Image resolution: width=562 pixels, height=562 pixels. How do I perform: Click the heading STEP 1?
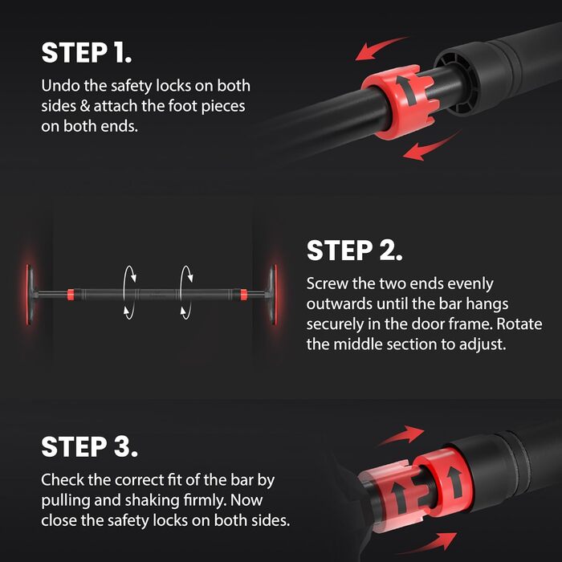[x=87, y=53]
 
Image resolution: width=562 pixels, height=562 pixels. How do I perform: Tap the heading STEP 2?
[x=355, y=250]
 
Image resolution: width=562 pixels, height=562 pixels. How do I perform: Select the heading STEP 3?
[x=89, y=446]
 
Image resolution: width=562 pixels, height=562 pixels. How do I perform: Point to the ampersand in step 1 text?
[x=85, y=106]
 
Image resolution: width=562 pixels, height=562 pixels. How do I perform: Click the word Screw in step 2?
[x=327, y=283]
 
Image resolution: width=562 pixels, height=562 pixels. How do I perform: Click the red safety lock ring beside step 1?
[x=400, y=102]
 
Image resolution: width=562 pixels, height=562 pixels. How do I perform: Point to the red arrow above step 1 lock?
[x=381, y=48]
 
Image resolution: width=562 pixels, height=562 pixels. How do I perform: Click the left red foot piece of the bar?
[x=28, y=295]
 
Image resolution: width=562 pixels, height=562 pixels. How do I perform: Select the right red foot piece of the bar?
[x=275, y=295]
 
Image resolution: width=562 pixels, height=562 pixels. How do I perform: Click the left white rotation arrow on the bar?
[x=129, y=292]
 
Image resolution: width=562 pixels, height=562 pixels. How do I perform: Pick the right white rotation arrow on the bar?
[x=186, y=292]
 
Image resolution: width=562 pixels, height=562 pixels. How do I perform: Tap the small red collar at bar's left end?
[x=71, y=295]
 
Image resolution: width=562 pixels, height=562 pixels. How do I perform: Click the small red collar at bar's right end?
[x=244, y=295]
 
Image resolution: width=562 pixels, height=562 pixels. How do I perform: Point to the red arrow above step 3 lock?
[x=401, y=435]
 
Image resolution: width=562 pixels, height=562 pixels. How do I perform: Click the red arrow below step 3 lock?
[x=430, y=542]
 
